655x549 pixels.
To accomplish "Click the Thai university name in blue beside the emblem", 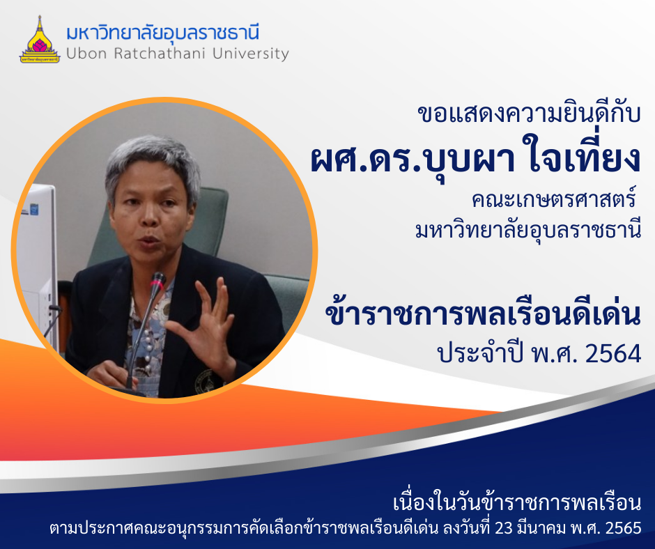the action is (163, 33).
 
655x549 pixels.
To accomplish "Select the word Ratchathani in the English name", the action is (159, 54).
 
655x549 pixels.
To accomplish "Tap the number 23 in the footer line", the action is (503, 527).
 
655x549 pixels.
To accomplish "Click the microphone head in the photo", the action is (158, 280).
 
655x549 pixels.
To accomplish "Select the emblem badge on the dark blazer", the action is (204, 380).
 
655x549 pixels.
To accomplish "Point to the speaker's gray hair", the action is (153, 161).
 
